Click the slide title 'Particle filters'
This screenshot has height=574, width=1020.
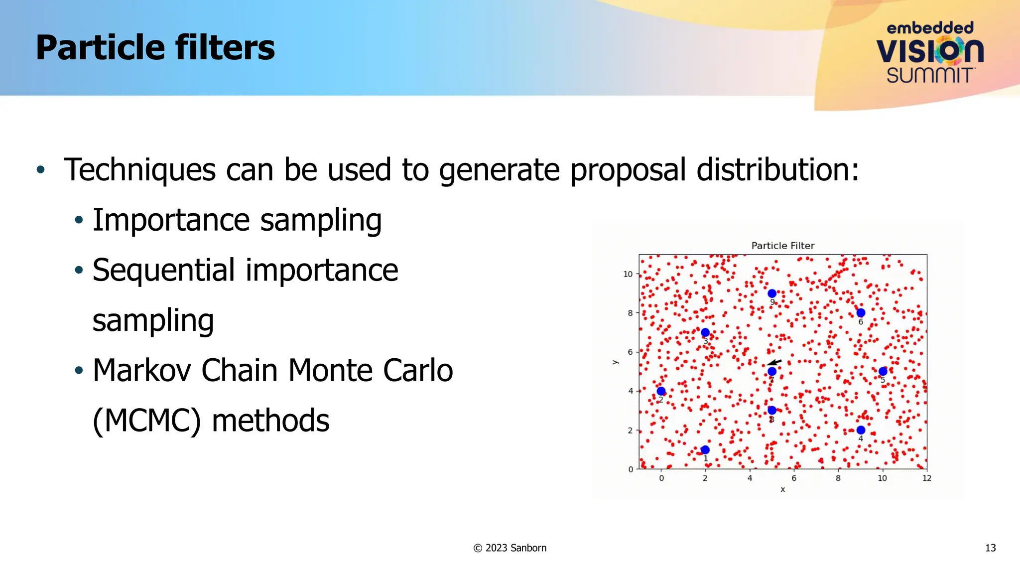155,48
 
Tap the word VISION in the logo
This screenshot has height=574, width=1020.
929,51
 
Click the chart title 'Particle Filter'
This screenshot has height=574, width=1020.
782,246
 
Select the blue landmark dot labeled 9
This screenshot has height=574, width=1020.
772,293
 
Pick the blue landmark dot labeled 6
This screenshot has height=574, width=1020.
861,313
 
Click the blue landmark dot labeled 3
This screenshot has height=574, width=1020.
705,332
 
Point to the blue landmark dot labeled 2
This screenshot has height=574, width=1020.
661,391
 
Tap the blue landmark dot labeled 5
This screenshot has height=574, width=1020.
883,371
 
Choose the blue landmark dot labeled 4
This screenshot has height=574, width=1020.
861,430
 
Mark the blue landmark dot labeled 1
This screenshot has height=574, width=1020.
705,450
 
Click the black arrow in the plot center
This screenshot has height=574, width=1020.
774,362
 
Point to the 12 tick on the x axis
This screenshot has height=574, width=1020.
926,478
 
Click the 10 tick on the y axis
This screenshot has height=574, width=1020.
628,274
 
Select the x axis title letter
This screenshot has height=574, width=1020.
782,490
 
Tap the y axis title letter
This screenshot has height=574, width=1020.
615,362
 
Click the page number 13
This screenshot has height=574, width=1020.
990,548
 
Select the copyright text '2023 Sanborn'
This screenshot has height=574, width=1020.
515,548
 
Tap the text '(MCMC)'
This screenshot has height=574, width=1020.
147,421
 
